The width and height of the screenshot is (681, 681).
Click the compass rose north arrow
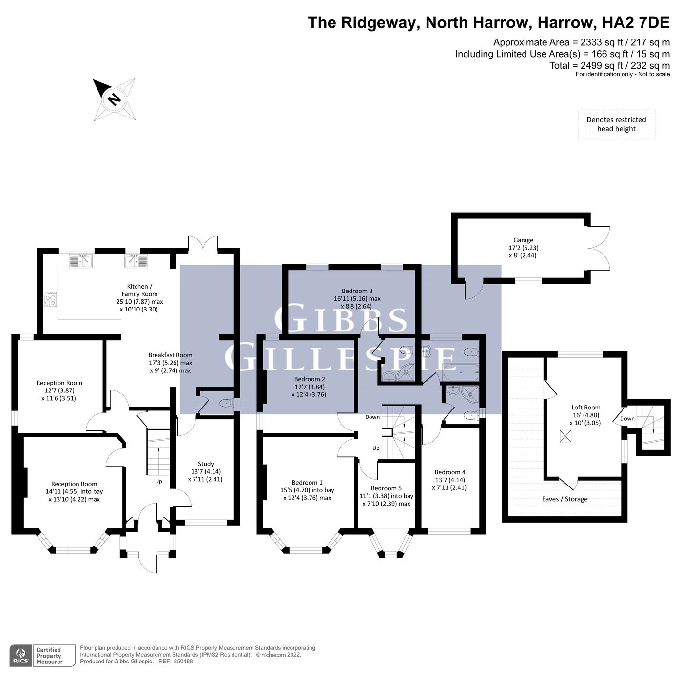point(114,99)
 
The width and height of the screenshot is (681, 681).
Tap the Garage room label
point(523,247)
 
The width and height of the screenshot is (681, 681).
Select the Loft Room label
point(585,415)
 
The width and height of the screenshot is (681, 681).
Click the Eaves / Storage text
point(564,499)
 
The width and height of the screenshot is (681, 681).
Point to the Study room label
point(206,471)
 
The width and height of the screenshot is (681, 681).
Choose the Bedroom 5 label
point(386,495)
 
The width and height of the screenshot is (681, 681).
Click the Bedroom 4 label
point(449,479)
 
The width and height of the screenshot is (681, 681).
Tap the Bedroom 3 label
point(357,298)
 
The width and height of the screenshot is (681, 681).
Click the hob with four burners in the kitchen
point(51,299)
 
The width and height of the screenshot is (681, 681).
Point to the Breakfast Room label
point(170,363)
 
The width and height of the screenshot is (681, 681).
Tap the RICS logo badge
point(20,655)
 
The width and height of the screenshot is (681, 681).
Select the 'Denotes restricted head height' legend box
point(616,125)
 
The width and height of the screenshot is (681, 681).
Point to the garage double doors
point(600,247)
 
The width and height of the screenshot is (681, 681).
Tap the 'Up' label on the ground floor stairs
point(158,481)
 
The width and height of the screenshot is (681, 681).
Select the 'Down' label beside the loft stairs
point(627,419)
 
